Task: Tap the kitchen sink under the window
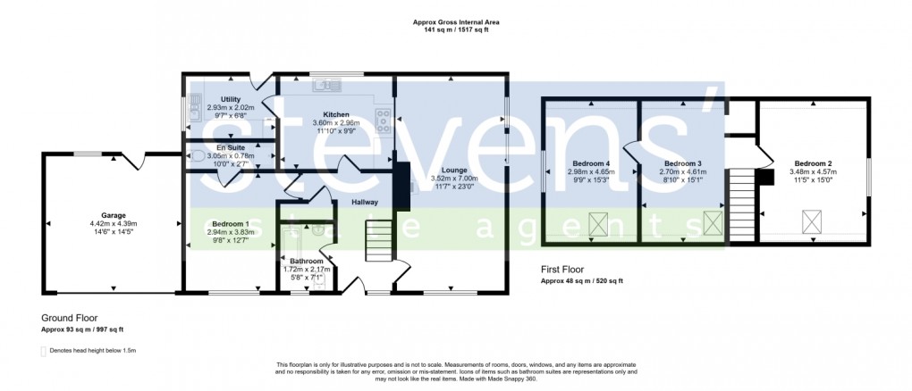[x=323, y=86]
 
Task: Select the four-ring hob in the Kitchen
[x=384, y=120]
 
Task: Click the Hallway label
[x=364, y=203]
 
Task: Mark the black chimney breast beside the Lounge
[x=401, y=186]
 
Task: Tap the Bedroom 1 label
[x=231, y=223]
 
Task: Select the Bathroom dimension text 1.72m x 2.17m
[x=301, y=269]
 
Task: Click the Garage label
[x=113, y=215]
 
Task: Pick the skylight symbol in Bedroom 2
[x=812, y=220]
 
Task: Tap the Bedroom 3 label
[x=681, y=163]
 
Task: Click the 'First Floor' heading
[x=562, y=269]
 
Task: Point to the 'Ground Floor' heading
[x=69, y=317]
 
